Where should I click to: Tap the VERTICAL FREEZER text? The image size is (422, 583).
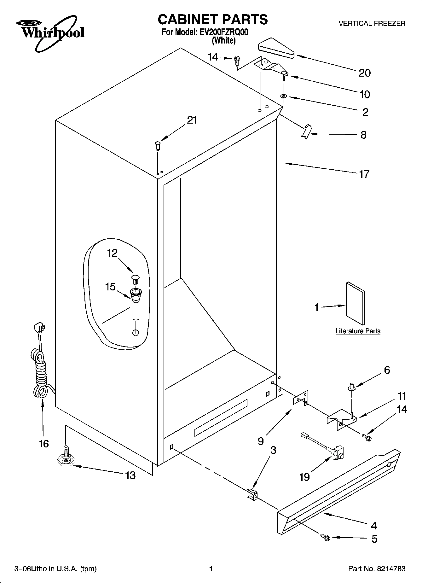(372, 24)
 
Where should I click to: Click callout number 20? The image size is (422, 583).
(365, 73)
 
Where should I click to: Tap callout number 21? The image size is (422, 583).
(192, 120)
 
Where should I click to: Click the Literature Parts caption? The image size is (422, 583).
(358, 331)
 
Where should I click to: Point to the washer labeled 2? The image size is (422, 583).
(283, 96)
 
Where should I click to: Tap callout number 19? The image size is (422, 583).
(304, 477)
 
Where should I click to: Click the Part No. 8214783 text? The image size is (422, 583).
(377, 569)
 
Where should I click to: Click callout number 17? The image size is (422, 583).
(364, 174)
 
